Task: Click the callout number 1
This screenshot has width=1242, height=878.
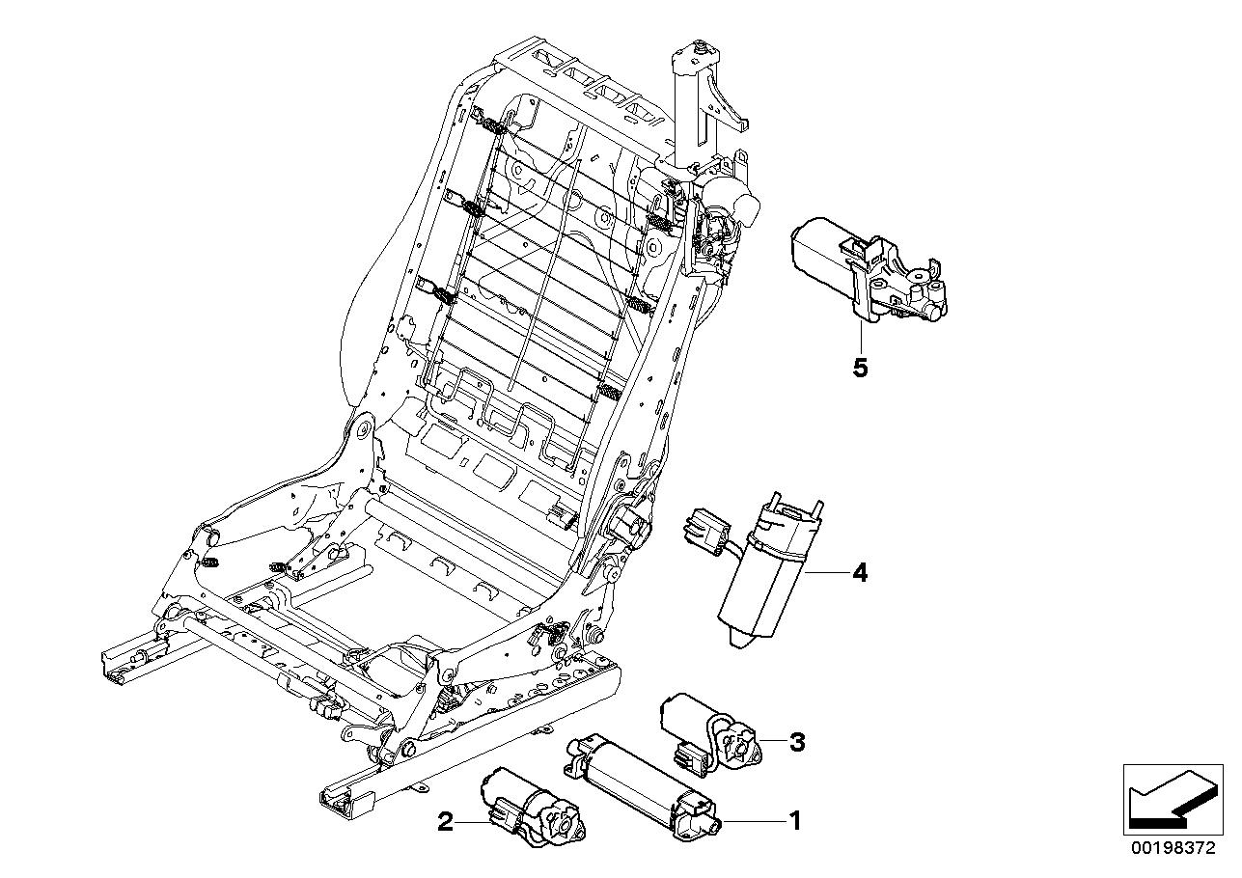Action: tap(795, 821)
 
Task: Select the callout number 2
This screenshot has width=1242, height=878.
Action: tap(445, 822)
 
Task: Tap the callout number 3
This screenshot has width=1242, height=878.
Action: tap(796, 742)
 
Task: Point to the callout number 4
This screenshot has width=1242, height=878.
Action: tap(859, 573)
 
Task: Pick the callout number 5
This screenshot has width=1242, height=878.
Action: tap(860, 368)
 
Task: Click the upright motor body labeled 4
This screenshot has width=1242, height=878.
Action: tap(762, 579)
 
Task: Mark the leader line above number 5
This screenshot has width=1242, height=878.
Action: tap(860, 338)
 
